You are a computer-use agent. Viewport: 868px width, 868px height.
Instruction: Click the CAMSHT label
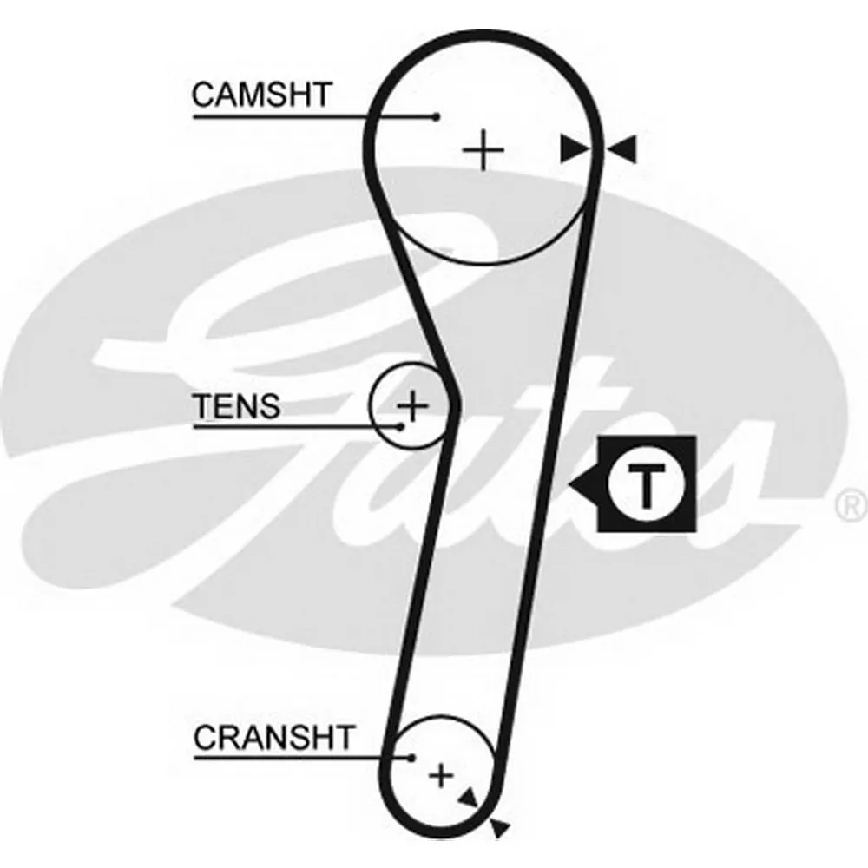(261, 95)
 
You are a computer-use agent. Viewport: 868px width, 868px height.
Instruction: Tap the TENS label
(237, 405)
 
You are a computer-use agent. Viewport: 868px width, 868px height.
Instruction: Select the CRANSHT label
(274, 738)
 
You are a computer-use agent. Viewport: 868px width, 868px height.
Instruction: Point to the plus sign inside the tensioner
(413, 404)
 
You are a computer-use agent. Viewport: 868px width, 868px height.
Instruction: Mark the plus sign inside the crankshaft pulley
(442, 773)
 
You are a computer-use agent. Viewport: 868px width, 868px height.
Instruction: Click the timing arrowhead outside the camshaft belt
(623, 149)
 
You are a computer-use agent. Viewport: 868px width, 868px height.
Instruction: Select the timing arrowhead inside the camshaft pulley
(575, 149)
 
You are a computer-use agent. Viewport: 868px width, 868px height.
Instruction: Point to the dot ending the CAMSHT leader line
(437, 116)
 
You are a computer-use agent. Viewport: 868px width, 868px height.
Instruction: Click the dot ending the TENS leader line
(400, 426)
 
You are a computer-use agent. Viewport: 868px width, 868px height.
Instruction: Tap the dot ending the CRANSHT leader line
(411, 758)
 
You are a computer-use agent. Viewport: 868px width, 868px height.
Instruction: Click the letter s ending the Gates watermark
(738, 486)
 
